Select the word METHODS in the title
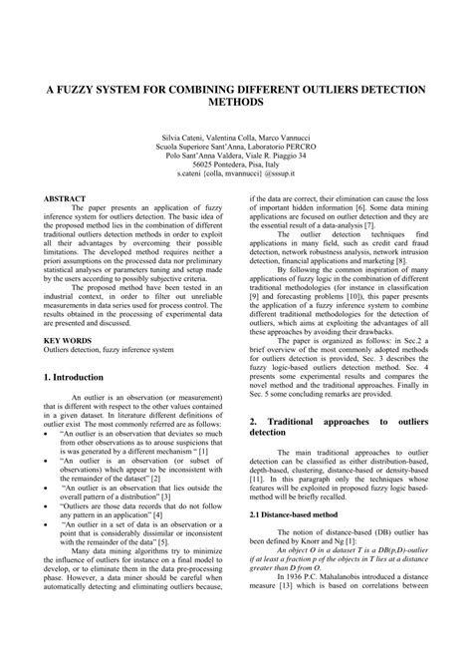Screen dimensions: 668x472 [x=235, y=103]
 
